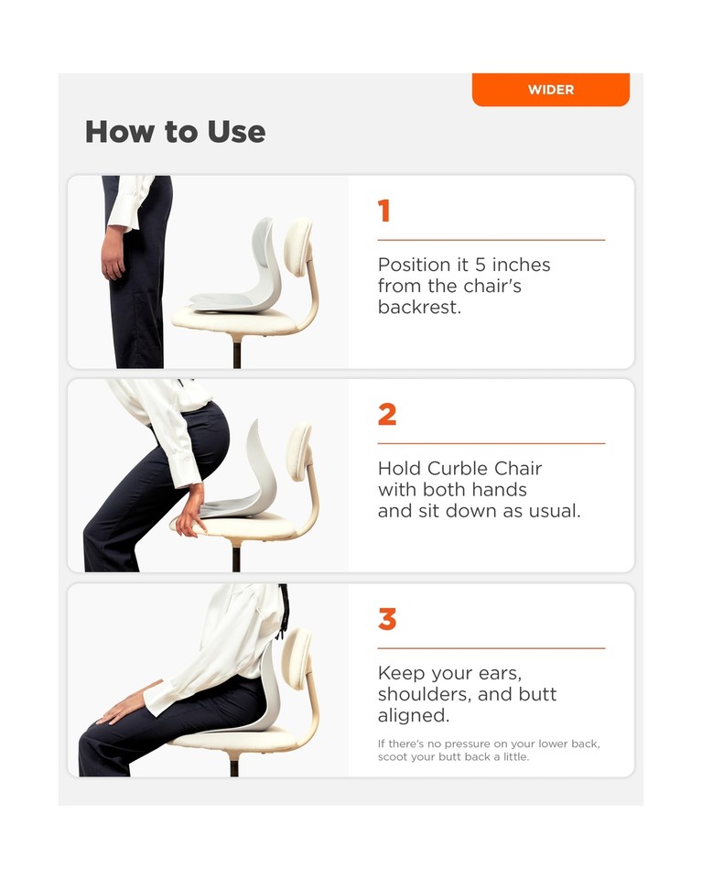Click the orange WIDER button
(550, 90)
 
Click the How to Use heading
(175, 132)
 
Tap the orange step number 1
(384, 212)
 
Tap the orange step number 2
(387, 415)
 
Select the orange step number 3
(387, 620)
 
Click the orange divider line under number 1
(491, 240)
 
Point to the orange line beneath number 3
(491, 648)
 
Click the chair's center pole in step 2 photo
(237, 558)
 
